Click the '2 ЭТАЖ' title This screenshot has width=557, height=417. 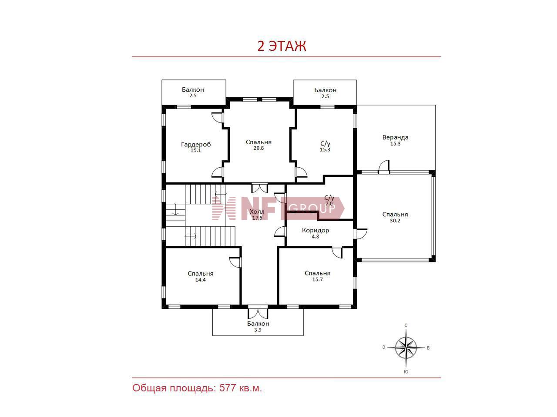[x=282, y=46]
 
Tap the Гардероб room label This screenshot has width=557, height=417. [x=196, y=144]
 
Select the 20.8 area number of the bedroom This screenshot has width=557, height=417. [x=258, y=148]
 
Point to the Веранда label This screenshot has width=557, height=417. [x=396, y=138]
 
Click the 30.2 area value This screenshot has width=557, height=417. [x=395, y=221]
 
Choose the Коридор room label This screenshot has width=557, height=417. [x=315, y=230]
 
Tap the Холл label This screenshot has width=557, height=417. [x=257, y=212]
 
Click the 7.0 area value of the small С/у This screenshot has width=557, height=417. [x=329, y=204]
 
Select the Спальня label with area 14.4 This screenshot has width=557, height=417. [x=201, y=274]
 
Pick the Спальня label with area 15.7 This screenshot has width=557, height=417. [x=318, y=273]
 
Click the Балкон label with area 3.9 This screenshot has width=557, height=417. [x=258, y=324]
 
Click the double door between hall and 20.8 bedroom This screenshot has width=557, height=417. [x=260, y=188]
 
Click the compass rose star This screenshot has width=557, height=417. [x=406, y=347]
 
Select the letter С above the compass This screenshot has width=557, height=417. [x=406, y=325]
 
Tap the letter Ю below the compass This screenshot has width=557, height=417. [x=406, y=372]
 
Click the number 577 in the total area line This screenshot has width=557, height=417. [x=228, y=388]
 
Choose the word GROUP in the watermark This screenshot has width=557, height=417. [x=312, y=208]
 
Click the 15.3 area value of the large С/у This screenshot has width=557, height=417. [x=325, y=149]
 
